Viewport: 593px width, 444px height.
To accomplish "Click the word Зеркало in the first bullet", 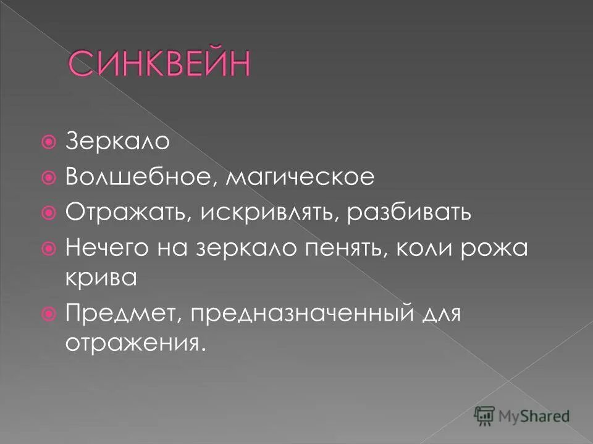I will point(117,142).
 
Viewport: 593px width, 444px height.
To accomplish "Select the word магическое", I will point(300,178).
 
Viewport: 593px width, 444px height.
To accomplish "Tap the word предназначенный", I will point(301,314).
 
